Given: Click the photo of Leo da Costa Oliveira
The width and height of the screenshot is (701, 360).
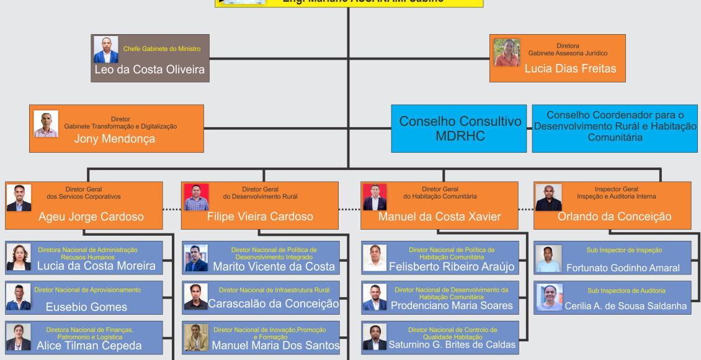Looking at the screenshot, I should tap(106, 50).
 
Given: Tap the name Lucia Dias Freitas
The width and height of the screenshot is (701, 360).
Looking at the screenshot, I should tap(570, 69).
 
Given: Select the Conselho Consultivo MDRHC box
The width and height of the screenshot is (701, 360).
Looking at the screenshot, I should tap(460, 128).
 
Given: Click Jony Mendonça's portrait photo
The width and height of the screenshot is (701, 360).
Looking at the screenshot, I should tap(46, 124).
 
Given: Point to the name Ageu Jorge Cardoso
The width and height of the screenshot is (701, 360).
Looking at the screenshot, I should tap(91, 217).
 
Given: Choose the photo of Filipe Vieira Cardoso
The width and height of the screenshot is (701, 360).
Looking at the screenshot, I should tap(196, 197).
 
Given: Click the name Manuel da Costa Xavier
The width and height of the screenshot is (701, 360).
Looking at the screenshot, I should tap(440, 217).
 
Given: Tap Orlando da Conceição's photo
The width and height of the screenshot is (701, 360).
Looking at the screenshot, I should tap(548, 197).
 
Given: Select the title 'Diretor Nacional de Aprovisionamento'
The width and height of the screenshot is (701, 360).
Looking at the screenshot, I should tap(87, 290).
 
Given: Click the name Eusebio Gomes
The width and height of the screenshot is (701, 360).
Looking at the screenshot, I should tap(86, 307).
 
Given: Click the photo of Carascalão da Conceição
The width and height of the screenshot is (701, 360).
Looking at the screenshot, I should tap(196, 297).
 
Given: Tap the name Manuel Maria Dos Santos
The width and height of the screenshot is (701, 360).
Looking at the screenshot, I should tap(275, 345).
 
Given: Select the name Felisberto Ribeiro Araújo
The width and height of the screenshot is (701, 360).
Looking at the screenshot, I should tap(452, 267).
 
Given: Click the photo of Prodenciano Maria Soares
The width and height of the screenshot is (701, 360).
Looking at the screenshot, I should tap(375, 297).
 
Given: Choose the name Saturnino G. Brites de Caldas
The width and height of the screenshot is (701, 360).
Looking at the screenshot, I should tap(452, 344).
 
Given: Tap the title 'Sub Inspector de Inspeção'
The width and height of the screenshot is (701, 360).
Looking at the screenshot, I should tap(624, 250).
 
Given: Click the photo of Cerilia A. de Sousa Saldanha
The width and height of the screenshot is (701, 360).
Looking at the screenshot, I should tap(550, 297).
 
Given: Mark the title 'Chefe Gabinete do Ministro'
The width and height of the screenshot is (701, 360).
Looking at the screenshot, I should tap(162, 48).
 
